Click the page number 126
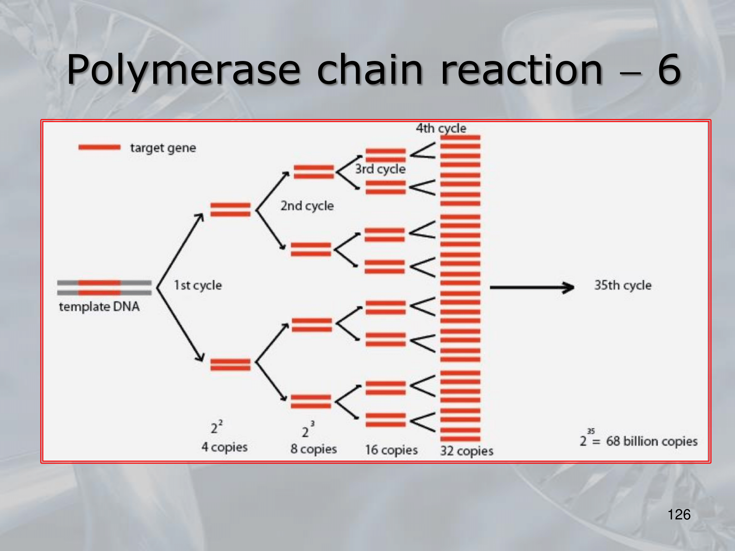click(x=679, y=515)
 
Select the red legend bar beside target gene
click(x=99, y=147)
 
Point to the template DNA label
click(x=99, y=306)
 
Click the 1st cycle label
click(x=198, y=285)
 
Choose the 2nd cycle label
click(x=307, y=206)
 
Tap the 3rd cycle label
click(x=380, y=169)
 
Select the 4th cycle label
click(x=441, y=128)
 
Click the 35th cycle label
click(x=623, y=285)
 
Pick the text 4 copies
click(x=225, y=447)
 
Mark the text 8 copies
click(x=313, y=449)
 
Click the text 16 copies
click(x=391, y=450)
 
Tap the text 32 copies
click(x=467, y=451)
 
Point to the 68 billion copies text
click(x=652, y=441)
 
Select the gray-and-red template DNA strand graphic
click(x=104, y=288)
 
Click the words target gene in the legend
click(x=163, y=148)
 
